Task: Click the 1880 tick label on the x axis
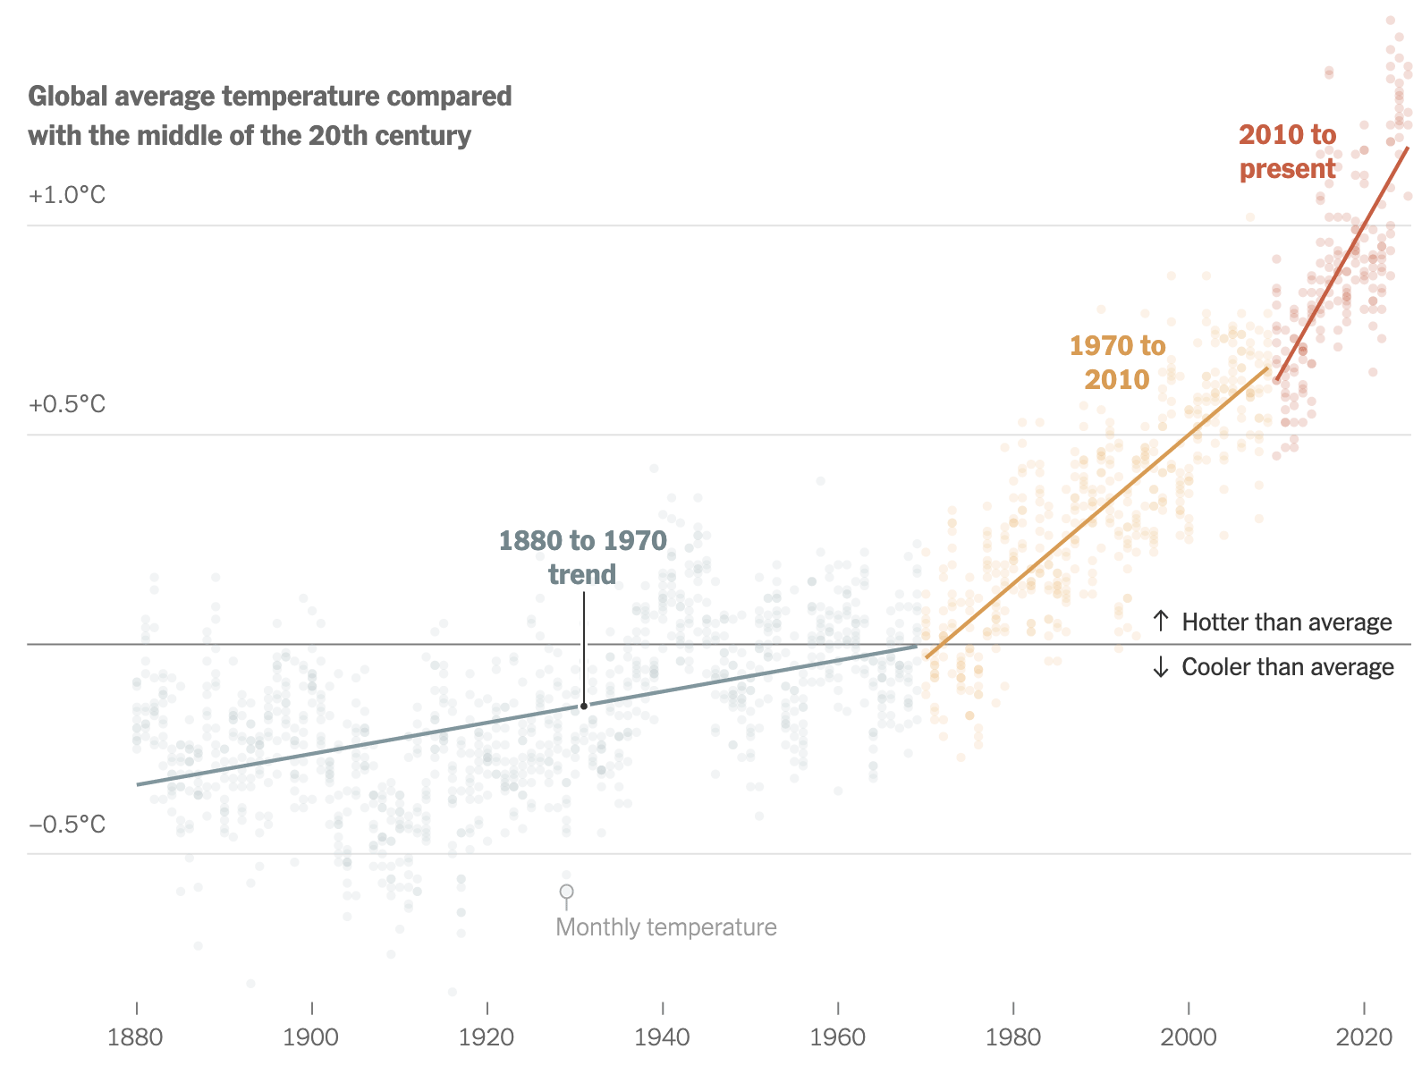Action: pyautogui.click(x=135, y=1037)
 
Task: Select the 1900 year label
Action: pyautogui.click(x=311, y=1037)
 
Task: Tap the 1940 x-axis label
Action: pyautogui.click(x=662, y=1037)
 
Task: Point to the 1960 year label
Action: pyautogui.click(x=837, y=1037)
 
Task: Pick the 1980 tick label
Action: pyautogui.click(x=1012, y=1037)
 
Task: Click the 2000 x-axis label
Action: pyautogui.click(x=1188, y=1037)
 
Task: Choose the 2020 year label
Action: pyautogui.click(x=1364, y=1037)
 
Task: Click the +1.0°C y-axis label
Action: pyautogui.click(x=67, y=195)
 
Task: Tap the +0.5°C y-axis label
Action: pyautogui.click(x=67, y=404)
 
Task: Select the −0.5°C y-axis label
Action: pyautogui.click(x=67, y=824)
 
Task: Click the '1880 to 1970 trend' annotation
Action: pyautogui.click(x=582, y=557)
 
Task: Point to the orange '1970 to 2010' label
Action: pyautogui.click(x=1117, y=362)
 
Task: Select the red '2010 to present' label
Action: pyautogui.click(x=1287, y=151)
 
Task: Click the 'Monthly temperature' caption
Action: pyautogui.click(x=666, y=926)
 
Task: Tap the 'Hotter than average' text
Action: pyautogui.click(x=1286, y=622)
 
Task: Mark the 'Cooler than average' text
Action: pyautogui.click(x=1287, y=667)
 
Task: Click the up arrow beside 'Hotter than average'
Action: pyautogui.click(x=1161, y=621)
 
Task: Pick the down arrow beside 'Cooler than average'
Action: pyautogui.click(x=1161, y=667)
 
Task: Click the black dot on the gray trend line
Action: pyautogui.click(x=584, y=706)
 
